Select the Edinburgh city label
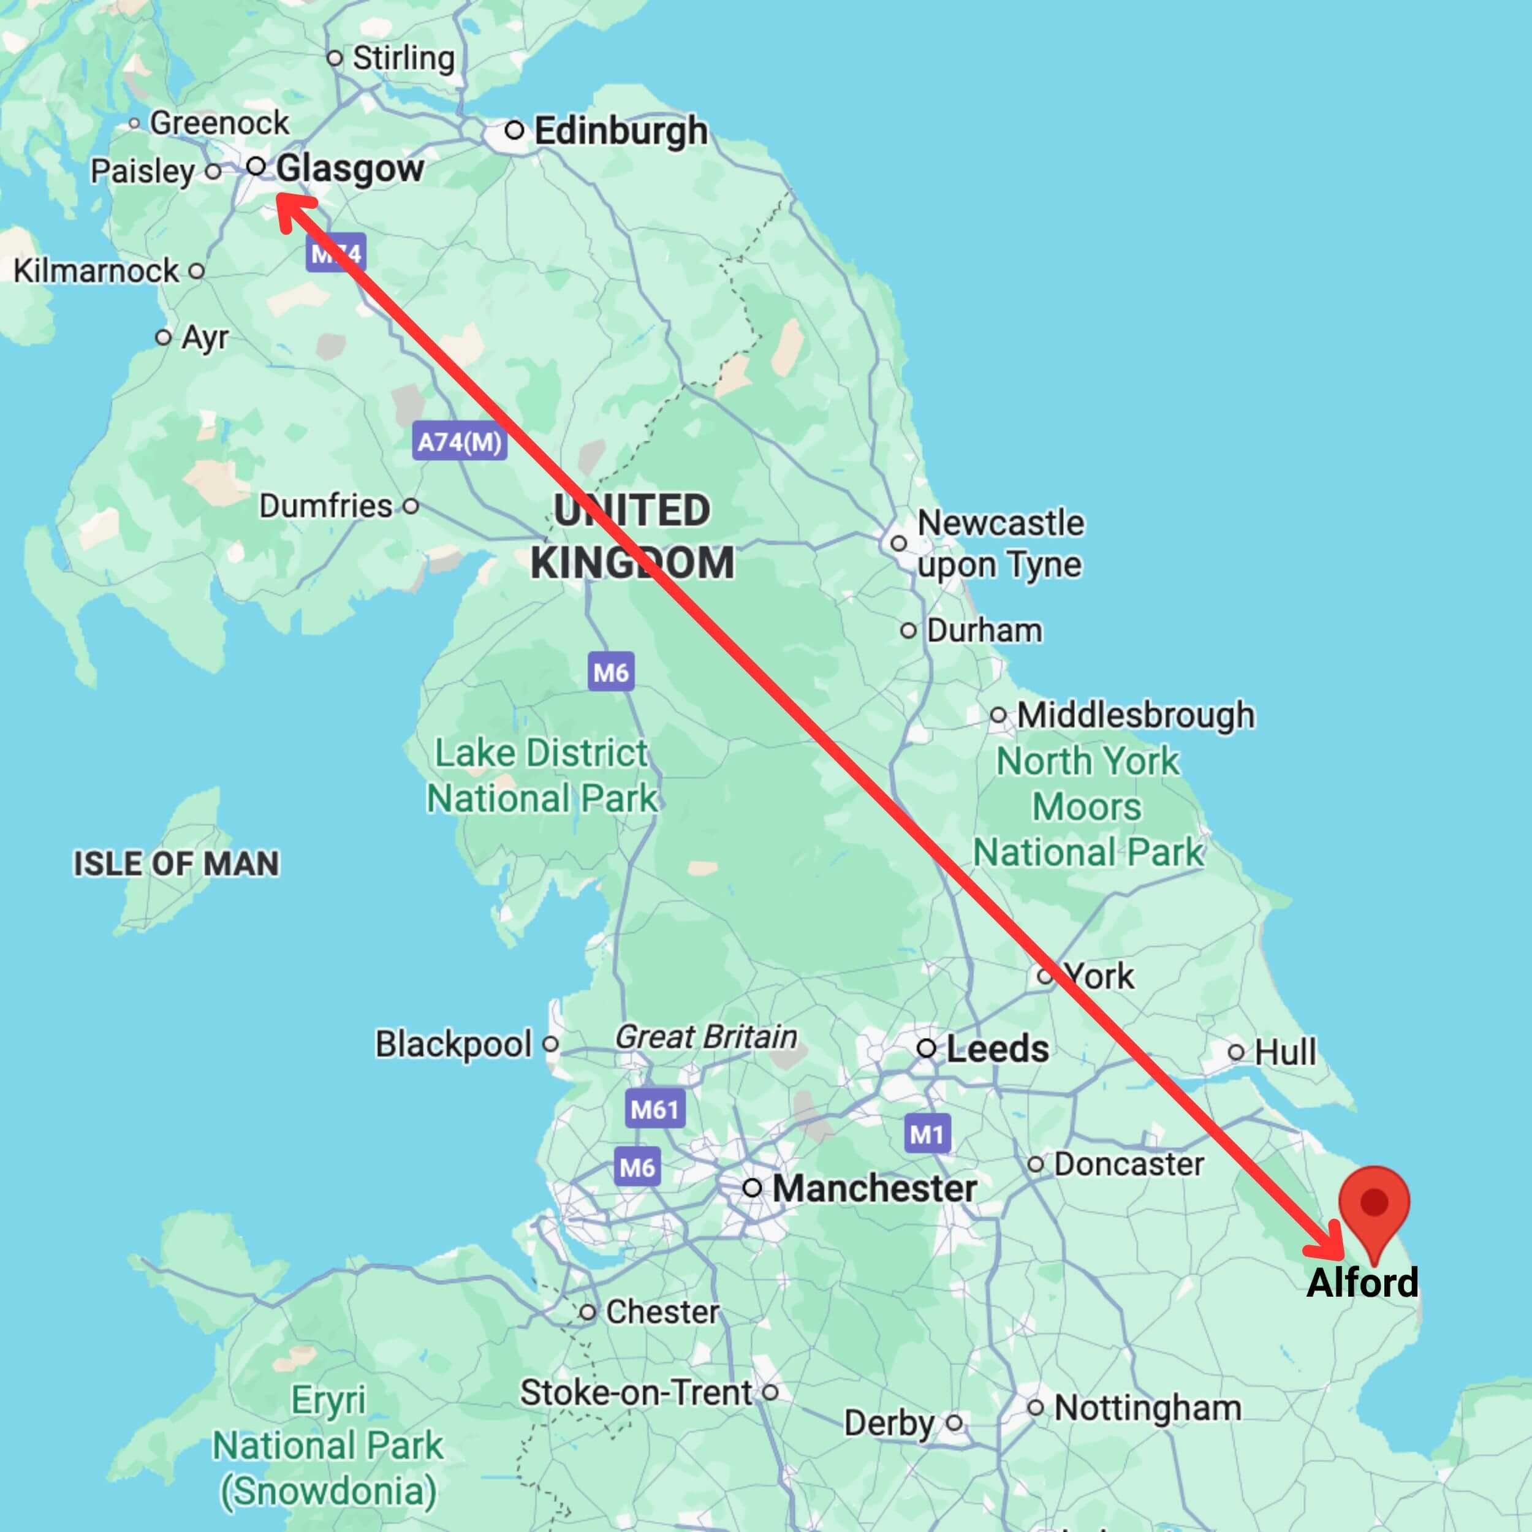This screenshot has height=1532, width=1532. point(620,131)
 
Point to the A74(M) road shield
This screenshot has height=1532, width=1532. point(459,442)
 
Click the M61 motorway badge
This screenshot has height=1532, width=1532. point(654,1109)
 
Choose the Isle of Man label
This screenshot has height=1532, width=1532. point(176,863)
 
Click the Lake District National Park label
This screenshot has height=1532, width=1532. point(542,776)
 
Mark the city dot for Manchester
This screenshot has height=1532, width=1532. point(752,1188)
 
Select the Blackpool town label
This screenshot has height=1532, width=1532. point(453,1044)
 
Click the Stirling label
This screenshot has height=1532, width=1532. point(403,58)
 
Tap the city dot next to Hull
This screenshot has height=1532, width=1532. point(1235,1052)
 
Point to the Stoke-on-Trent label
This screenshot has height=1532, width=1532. point(635,1392)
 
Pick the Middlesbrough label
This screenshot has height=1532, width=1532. point(1135,715)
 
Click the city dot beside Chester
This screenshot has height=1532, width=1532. point(587,1313)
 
